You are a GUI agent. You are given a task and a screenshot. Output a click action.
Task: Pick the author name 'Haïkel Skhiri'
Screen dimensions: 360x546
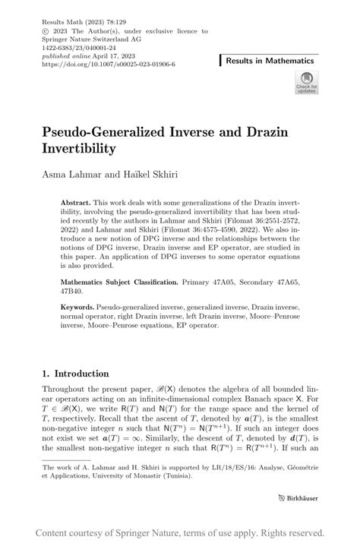(x=150, y=174)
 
